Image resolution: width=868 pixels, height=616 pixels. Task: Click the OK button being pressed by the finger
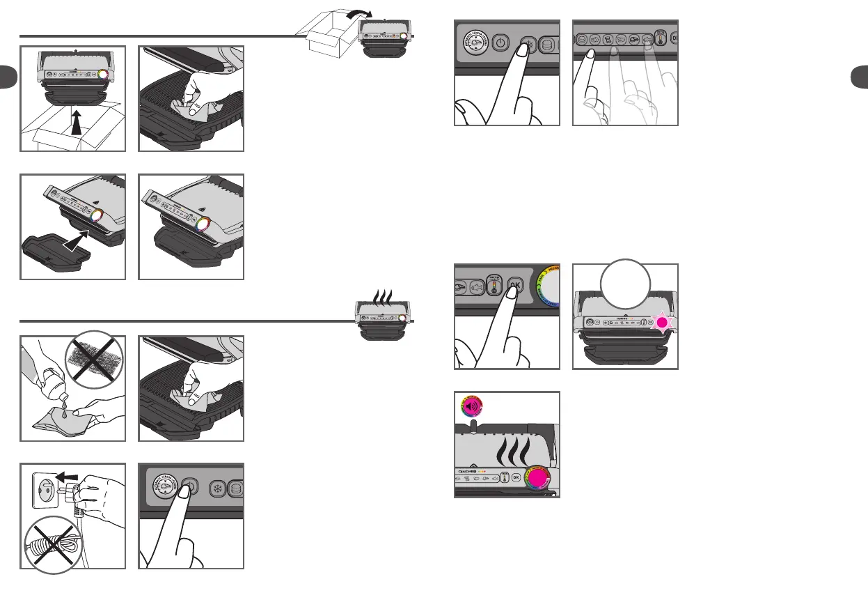tap(514, 286)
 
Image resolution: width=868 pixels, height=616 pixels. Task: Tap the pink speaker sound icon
tap(468, 407)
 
